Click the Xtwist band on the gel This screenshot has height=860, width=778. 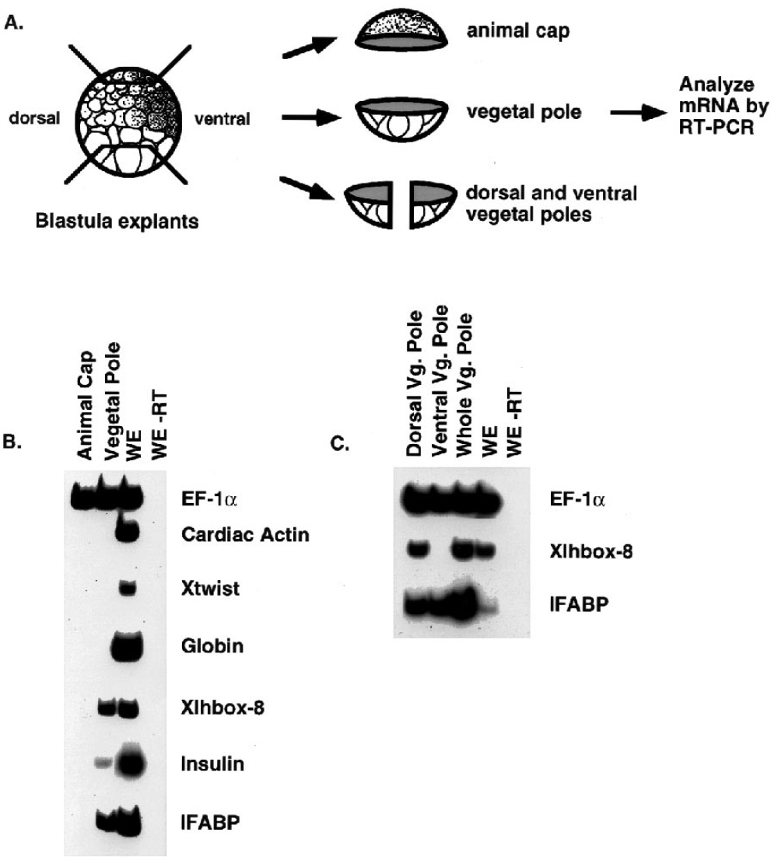click(128, 589)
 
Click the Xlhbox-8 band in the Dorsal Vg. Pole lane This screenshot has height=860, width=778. click(420, 550)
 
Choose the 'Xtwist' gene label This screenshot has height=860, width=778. click(205, 590)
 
